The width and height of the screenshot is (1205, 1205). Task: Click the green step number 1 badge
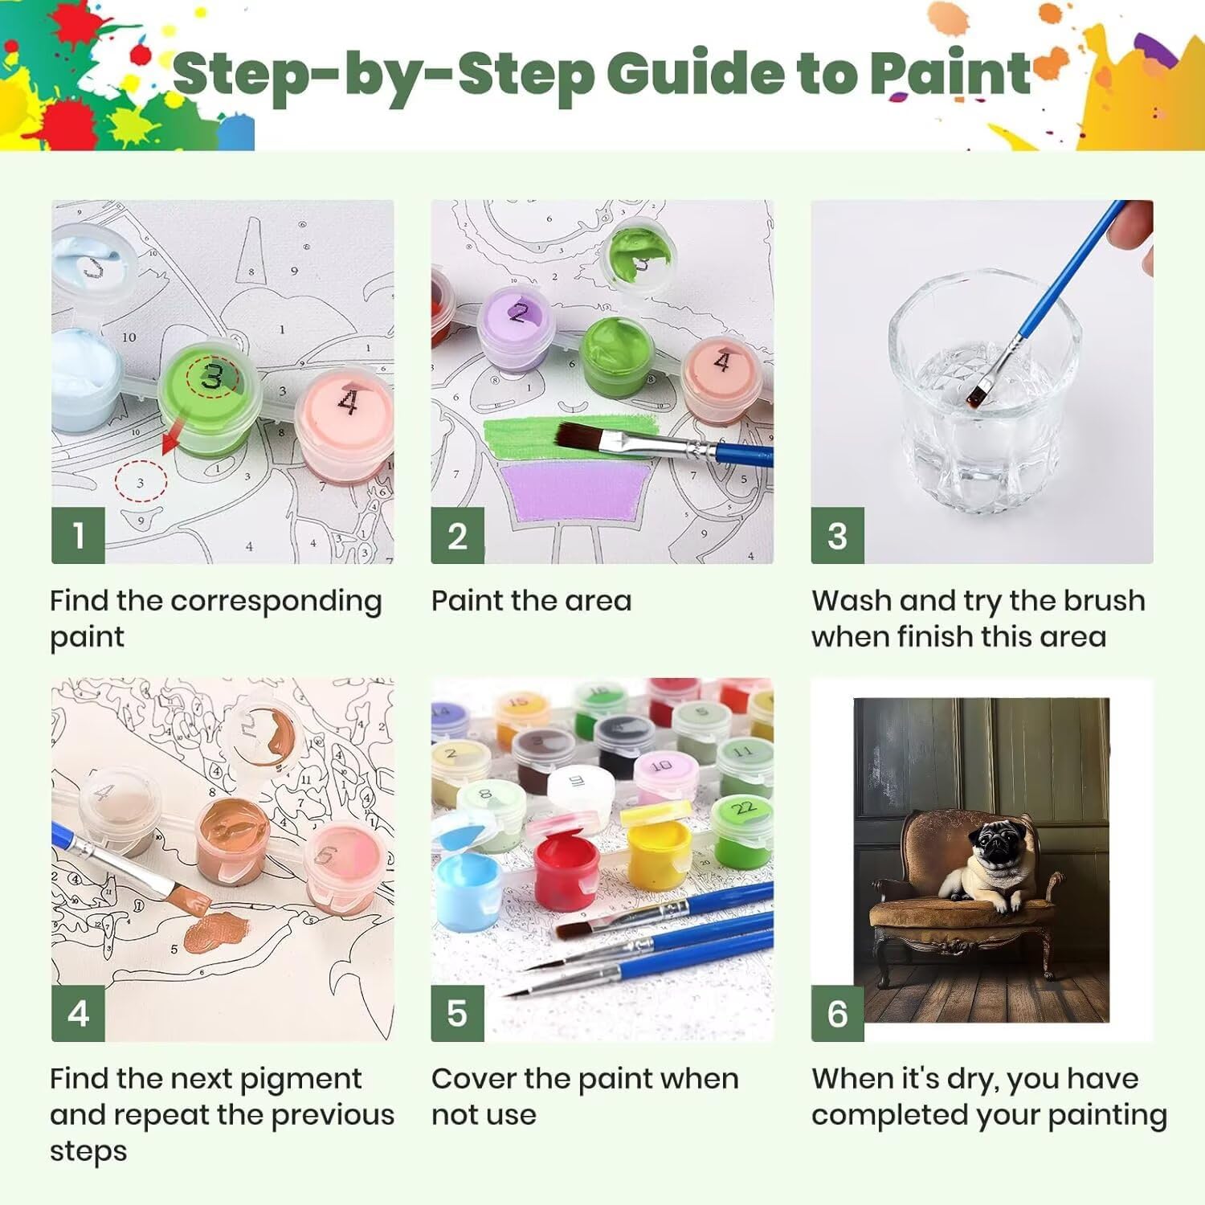coord(78,535)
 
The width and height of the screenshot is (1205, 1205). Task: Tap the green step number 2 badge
coord(457,535)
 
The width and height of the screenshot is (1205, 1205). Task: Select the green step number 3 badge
coord(837,535)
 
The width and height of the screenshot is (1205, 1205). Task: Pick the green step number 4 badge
coord(78,1014)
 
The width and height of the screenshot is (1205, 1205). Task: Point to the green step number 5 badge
coord(457,1014)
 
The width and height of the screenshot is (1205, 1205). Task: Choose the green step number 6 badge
coord(837,1014)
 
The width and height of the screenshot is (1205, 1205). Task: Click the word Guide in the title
coord(702,74)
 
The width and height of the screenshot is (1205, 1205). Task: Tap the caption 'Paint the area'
coord(531,601)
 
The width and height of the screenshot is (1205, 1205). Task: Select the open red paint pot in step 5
coord(568,867)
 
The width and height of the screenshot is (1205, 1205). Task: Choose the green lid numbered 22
coord(742,810)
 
